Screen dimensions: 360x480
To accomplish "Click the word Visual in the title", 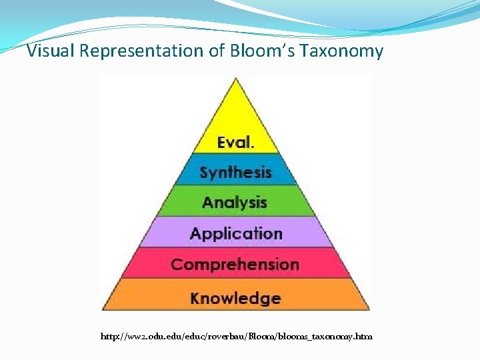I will [x=51, y=51].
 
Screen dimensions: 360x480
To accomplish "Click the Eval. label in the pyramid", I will [x=235, y=142].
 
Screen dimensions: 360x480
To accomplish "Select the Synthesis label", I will [x=235, y=173].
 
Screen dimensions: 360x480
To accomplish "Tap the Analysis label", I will [x=235, y=202].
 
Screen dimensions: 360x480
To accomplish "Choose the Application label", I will [x=235, y=233].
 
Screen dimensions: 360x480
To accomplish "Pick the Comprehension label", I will [x=235, y=264].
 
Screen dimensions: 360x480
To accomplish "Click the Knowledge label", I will [x=235, y=297].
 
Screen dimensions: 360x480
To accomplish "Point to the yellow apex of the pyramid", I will [x=235, y=100].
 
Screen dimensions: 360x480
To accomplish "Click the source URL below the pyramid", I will [x=236, y=337].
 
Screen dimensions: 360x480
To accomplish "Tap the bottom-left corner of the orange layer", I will [x=103, y=309].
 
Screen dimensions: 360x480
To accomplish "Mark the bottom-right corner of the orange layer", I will [x=367, y=309].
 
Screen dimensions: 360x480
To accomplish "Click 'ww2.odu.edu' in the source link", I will [x=144, y=337].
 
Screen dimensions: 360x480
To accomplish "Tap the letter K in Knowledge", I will [x=195, y=297].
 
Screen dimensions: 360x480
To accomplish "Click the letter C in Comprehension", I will [x=177, y=264].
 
